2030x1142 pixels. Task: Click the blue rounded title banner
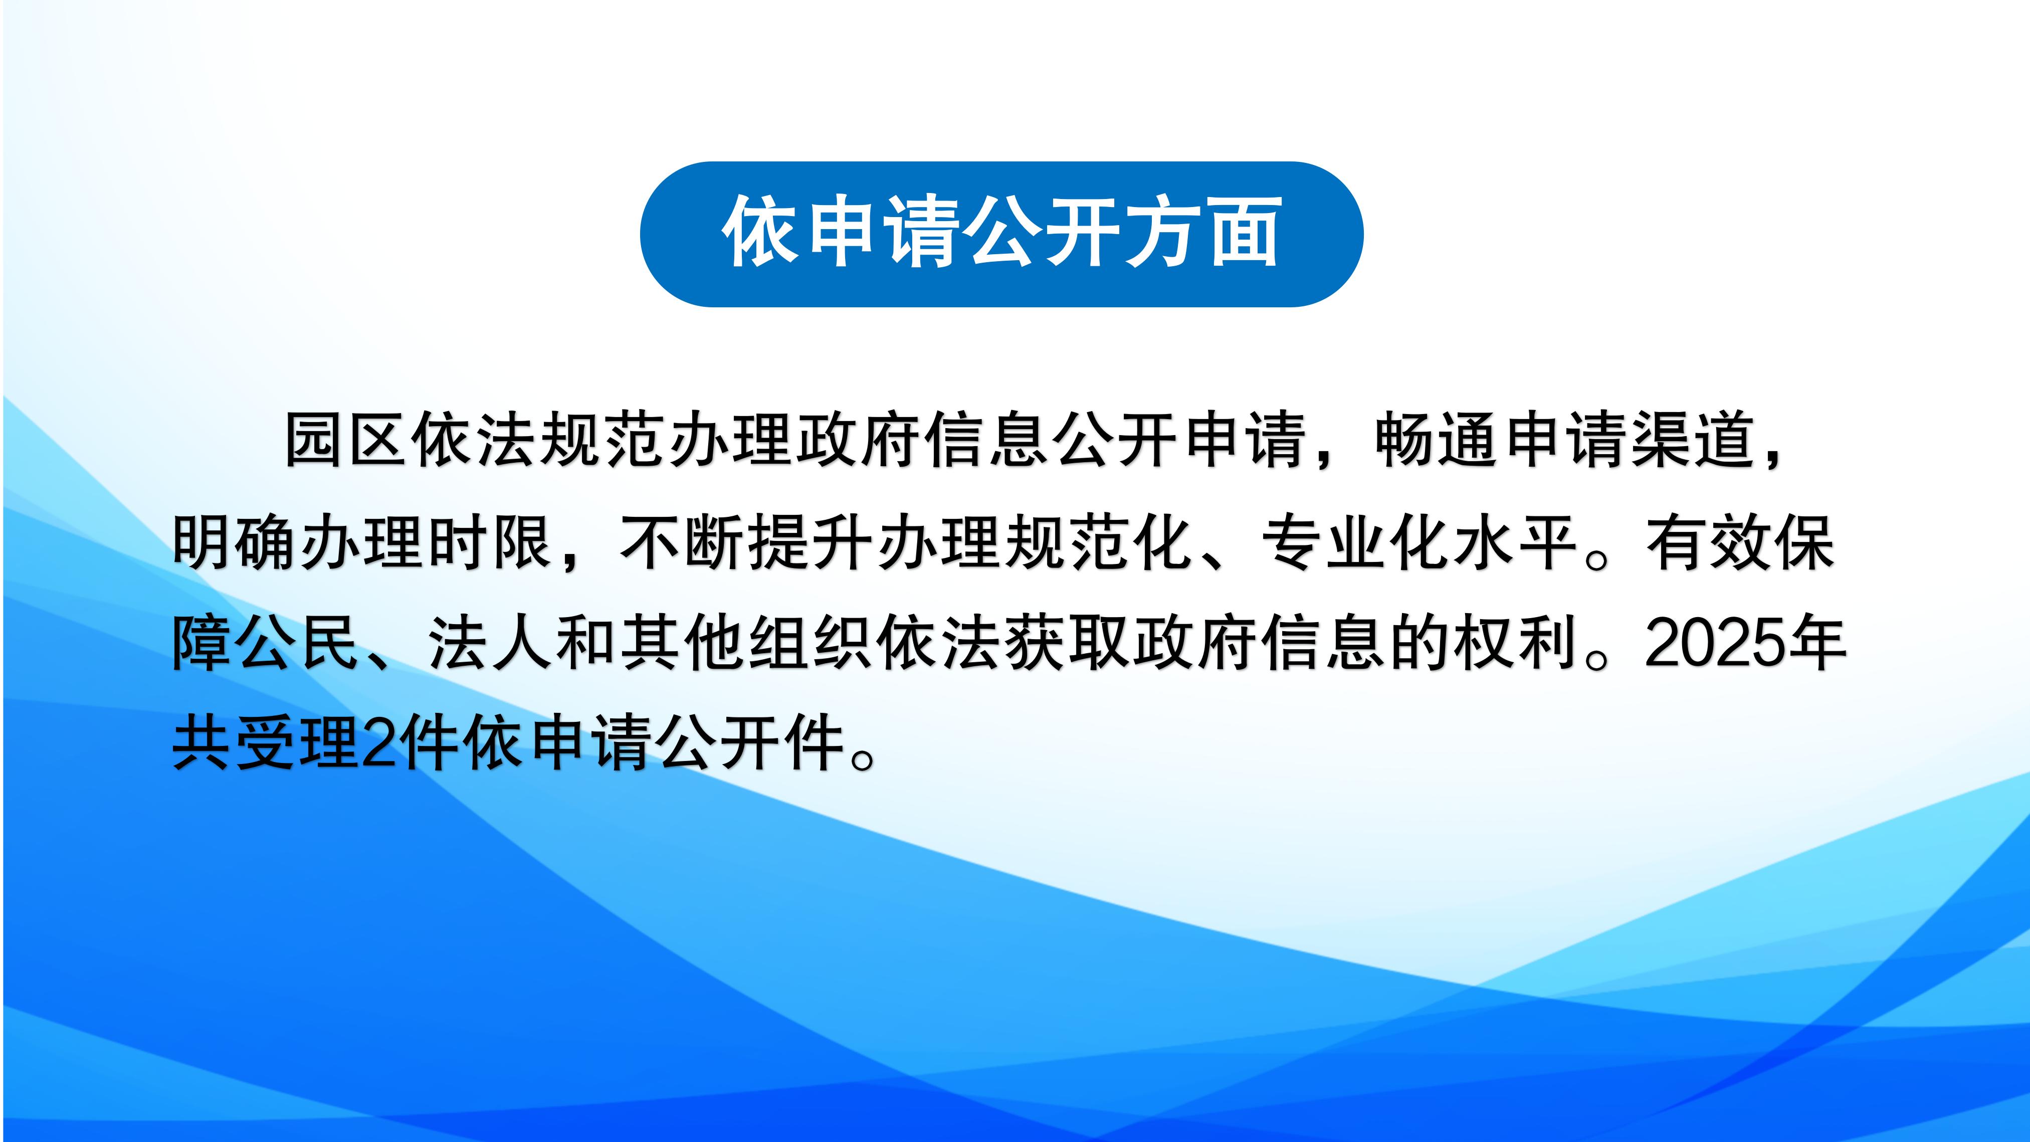[x=1001, y=234]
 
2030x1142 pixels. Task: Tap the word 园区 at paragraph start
[x=344, y=439]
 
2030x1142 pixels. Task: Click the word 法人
[x=490, y=643]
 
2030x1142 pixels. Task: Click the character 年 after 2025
[x=1817, y=643]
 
